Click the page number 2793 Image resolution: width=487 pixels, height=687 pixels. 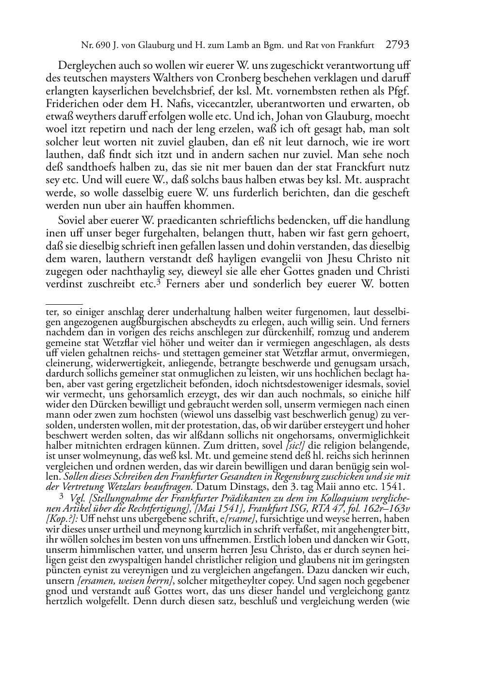pyautogui.click(x=398, y=45)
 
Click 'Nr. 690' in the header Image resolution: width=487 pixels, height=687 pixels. pyautogui.click(x=94, y=46)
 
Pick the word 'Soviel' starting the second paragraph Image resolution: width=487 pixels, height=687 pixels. pyautogui.click(x=71, y=221)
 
